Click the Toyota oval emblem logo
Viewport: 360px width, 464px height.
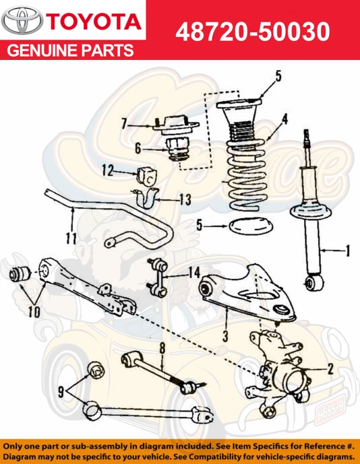(22, 22)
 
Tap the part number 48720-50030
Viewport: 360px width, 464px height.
(253, 31)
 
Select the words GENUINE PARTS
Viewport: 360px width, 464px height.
(70, 51)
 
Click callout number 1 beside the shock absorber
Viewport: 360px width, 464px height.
(347, 252)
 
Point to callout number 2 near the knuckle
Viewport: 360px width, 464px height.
(330, 368)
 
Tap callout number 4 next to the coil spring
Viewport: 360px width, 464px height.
(284, 119)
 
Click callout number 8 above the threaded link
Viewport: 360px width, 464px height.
(162, 348)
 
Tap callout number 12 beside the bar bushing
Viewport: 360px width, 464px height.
(108, 171)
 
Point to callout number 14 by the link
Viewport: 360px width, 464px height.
(194, 272)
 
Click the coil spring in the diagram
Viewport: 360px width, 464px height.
(244, 168)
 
